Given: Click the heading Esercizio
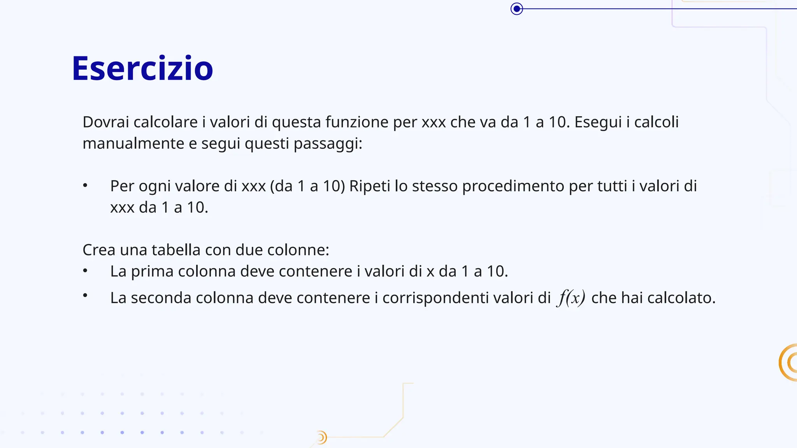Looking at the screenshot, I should [142, 68].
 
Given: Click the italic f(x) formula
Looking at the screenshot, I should [571, 298].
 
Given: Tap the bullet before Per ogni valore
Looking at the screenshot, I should [85, 185].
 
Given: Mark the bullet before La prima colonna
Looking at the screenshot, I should [85, 271].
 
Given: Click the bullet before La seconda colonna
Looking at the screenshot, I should [85, 296].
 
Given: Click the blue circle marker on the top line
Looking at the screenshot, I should [516, 9].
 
